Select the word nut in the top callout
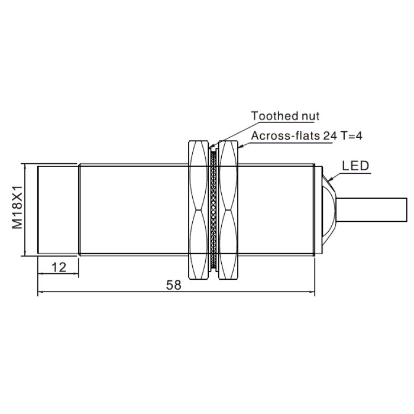(308, 116)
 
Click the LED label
(355, 166)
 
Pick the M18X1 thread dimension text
(17, 207)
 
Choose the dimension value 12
(59, 267)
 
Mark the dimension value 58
(174, 285)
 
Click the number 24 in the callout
(329, 135)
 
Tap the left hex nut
(199, 210)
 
